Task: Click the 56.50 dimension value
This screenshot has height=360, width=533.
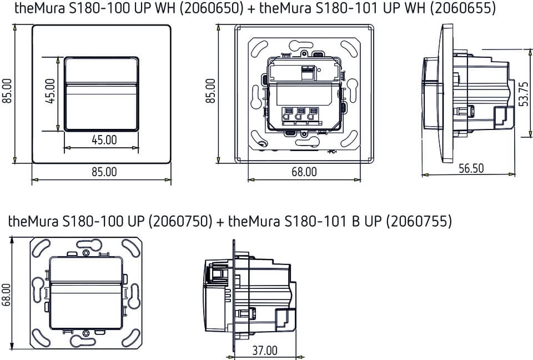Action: [x=471, y=168]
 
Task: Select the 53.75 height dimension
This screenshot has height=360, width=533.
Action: [x=522, y=94]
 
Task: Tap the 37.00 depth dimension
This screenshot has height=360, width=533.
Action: [x=264, y=351]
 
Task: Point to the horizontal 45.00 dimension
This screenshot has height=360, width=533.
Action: [x=104, y=140]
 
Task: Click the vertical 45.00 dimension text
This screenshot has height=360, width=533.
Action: [x=51, y=92]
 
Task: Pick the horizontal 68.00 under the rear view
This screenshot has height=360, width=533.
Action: [x=304, y=172]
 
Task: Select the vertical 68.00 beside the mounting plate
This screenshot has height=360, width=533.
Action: [x=7, y=294]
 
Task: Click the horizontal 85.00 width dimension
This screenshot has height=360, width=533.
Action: [x=104, y=172]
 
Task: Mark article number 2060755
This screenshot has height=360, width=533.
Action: [x=419, y=221]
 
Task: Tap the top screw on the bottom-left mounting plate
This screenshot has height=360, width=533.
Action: [x=85, y=254]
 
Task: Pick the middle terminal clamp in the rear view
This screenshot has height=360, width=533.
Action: [x=300, y=116]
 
